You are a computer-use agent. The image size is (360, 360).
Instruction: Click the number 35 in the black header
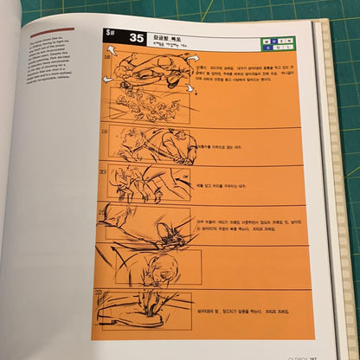coord(137,38)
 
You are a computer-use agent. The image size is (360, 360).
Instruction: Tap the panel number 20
coord(105,170)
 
